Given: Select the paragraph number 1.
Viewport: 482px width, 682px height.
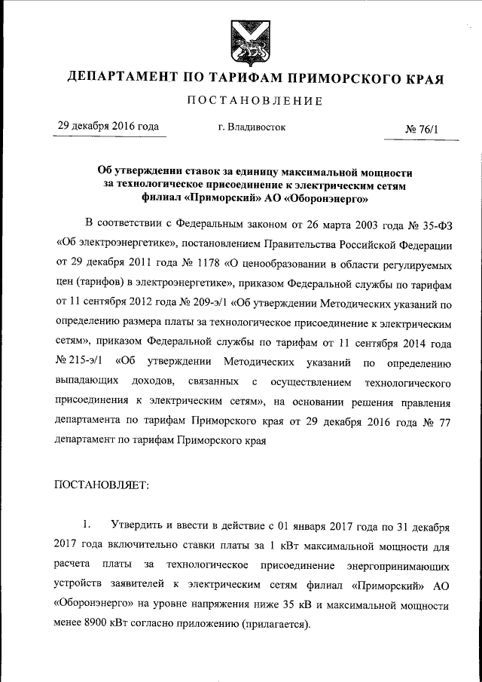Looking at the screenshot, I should (87, 524).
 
